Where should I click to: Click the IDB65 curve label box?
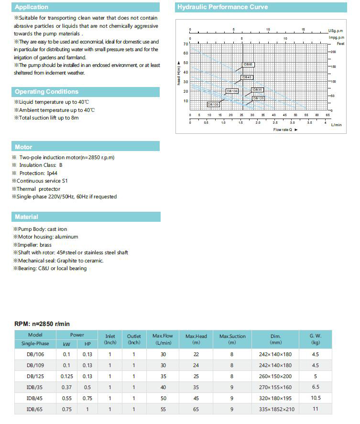(x=249, y=65)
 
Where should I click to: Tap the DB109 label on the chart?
(x=213, y=104)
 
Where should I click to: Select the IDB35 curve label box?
(x=257, y=89)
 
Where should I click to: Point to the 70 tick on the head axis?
(x=185, y=43)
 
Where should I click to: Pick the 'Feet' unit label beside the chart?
(x=340, y=43)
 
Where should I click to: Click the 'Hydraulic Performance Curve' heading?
(x=222, y=7)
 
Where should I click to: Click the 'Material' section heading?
(x=26, y=217)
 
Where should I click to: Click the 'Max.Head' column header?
(x=196, y=336)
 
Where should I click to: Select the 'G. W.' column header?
(x=316, y=336)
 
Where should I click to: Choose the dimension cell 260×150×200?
(x=275, y=376)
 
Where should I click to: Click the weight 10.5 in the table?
(x=316, y=398)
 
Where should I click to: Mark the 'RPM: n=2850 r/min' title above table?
(x=42, y=324)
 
